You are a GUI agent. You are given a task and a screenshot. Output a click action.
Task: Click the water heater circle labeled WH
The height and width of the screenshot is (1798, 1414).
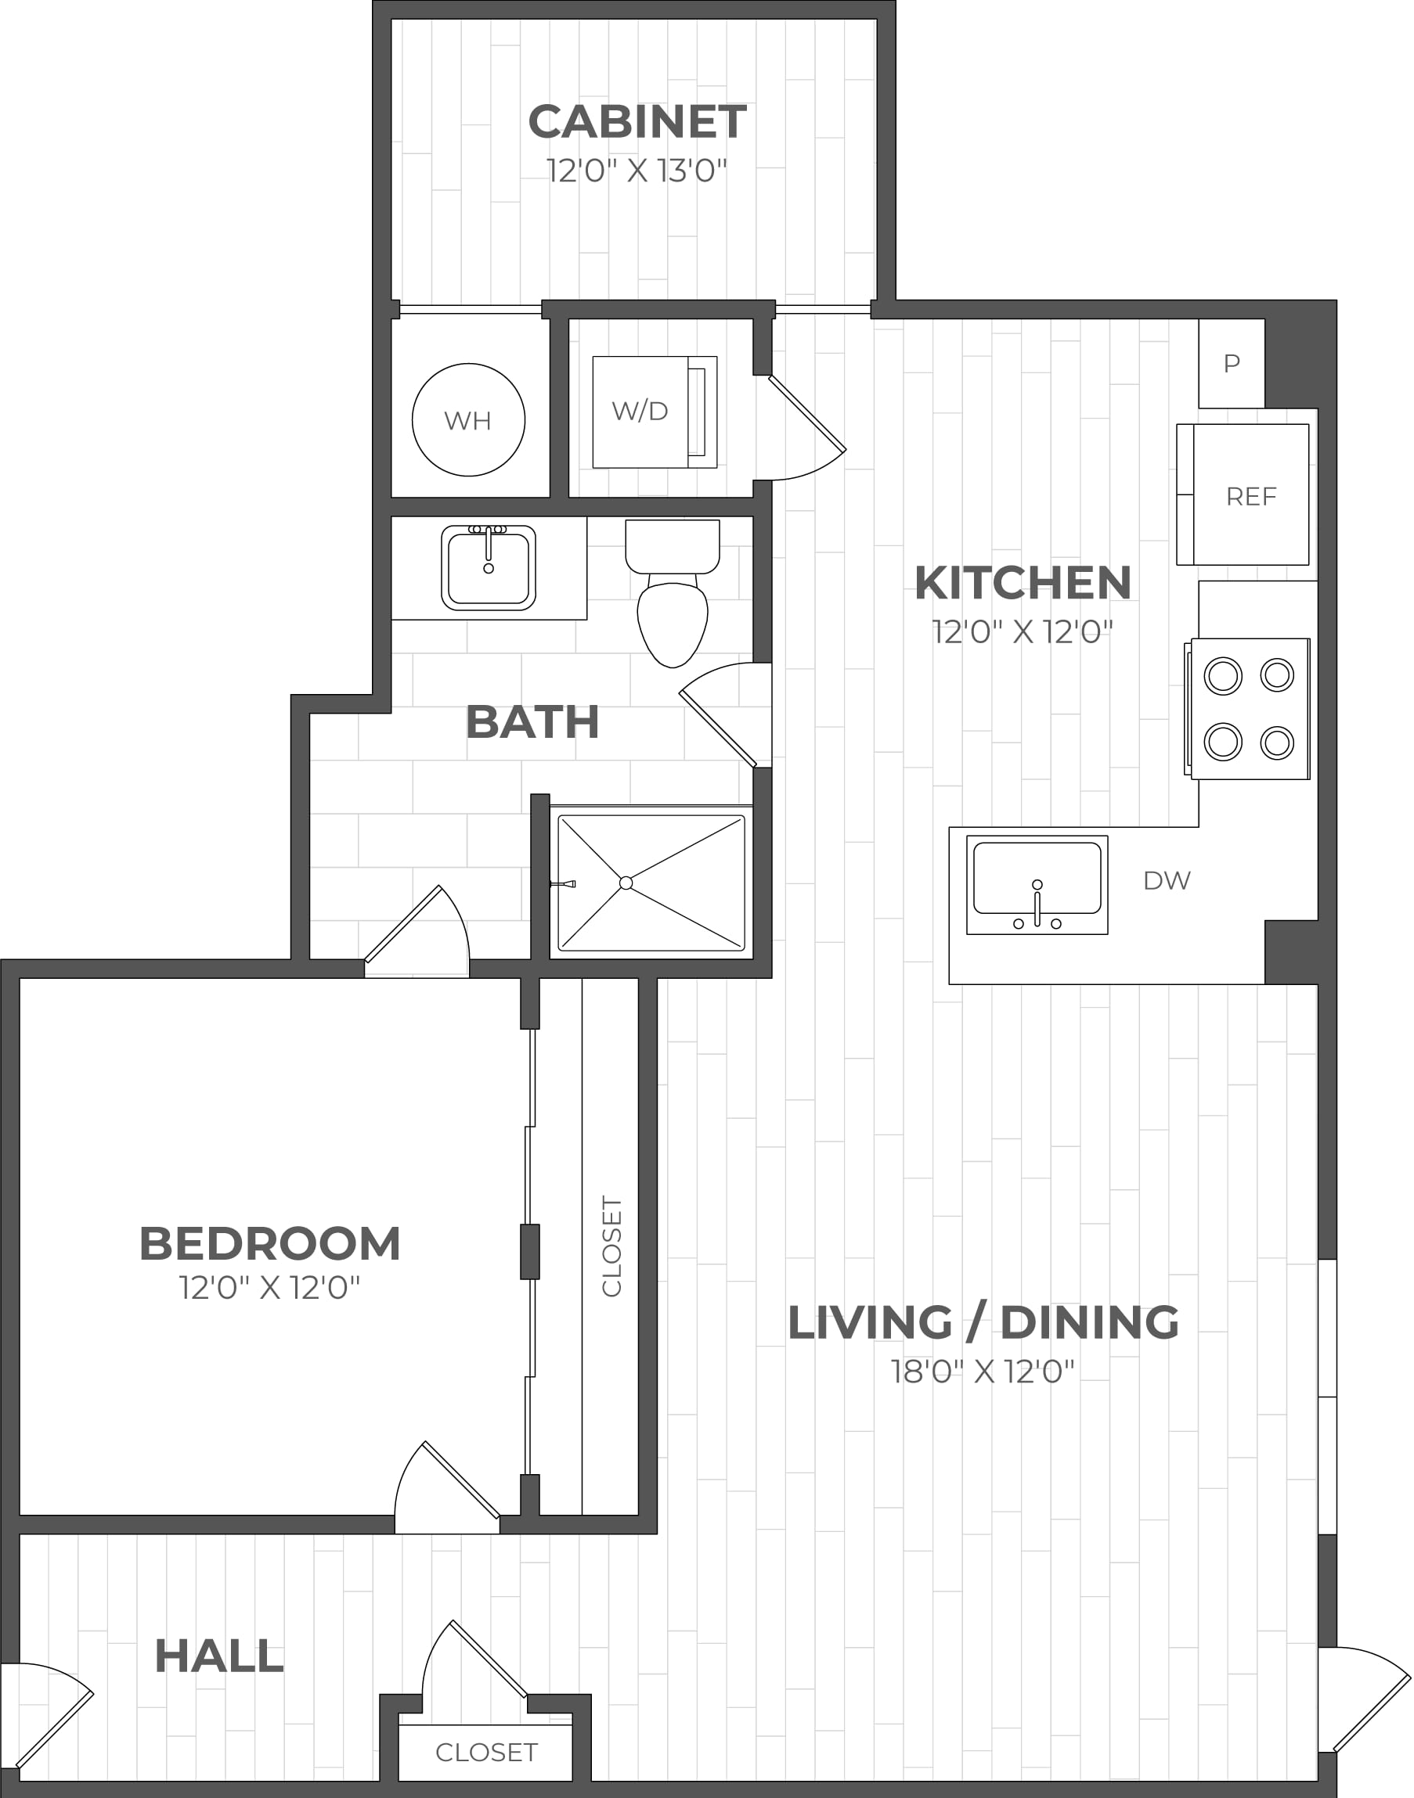coord(468,419)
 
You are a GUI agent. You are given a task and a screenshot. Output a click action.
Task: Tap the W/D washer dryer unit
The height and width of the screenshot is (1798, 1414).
coord(655,412)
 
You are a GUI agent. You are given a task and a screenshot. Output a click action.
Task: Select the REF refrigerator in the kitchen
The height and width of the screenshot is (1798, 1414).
coord(1243,494)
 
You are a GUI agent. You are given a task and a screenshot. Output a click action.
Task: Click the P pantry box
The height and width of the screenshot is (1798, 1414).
coord(1231,363)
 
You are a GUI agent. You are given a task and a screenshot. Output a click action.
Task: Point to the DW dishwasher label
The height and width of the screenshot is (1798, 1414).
coord(1167,880)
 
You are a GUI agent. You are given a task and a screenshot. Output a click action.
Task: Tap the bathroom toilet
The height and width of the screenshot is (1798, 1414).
coord(673,592)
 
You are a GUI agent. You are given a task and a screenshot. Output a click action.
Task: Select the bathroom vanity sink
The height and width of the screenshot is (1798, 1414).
coord(489,567)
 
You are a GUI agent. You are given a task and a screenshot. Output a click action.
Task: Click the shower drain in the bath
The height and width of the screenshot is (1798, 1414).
coord(626,883)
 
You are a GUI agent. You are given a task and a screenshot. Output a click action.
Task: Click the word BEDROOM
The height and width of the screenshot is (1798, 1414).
coord(270,1242)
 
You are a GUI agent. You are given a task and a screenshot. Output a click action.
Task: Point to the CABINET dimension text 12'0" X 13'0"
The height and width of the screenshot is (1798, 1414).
coord(637,171)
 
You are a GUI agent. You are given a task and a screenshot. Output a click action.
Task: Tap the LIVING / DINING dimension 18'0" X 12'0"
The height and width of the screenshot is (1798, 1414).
coord(983,1371)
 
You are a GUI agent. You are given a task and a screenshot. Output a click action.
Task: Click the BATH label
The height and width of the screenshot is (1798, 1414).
coord(532,721)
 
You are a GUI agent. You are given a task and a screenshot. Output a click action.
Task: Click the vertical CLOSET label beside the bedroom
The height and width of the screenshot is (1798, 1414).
coord(611,1246)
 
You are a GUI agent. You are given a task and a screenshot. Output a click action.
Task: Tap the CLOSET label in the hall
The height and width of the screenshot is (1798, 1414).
coord(487,1752)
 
